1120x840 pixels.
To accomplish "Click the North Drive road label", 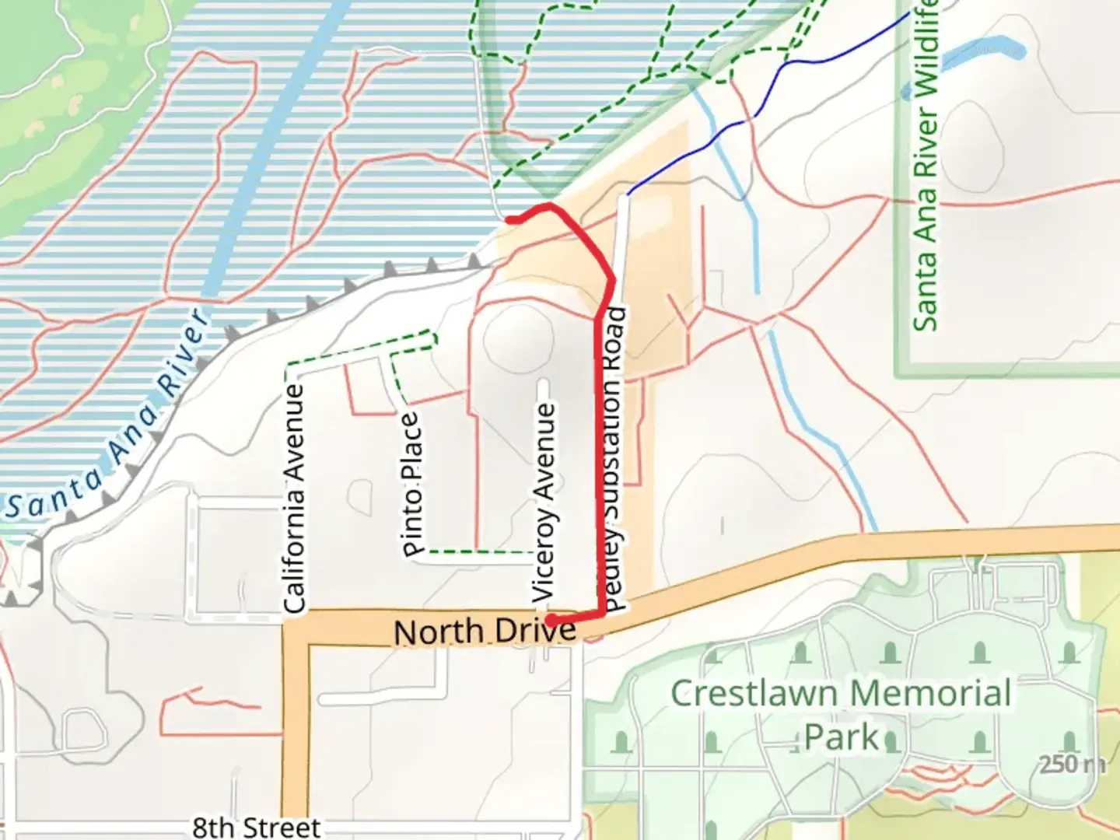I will (485, 632).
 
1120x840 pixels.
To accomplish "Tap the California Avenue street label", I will (294, 499).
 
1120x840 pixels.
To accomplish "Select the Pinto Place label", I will (412, 484).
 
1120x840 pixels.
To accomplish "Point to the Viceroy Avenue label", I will (544, 502).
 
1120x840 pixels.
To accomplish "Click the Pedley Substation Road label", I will (614, 459).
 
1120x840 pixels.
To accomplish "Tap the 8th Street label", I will (256, 828).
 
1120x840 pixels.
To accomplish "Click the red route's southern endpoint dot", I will (551, 621).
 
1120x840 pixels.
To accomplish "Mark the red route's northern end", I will (509, 220).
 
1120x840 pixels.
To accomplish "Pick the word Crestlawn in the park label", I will (752, 693).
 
